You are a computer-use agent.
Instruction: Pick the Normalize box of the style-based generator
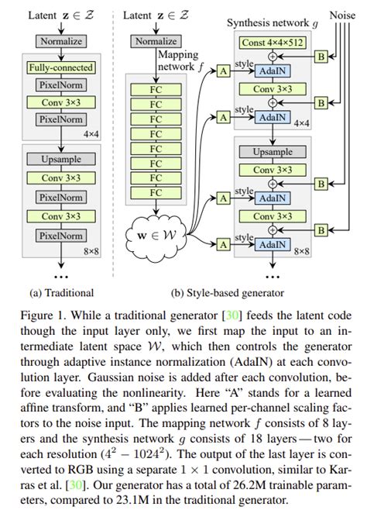(156, 41)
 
